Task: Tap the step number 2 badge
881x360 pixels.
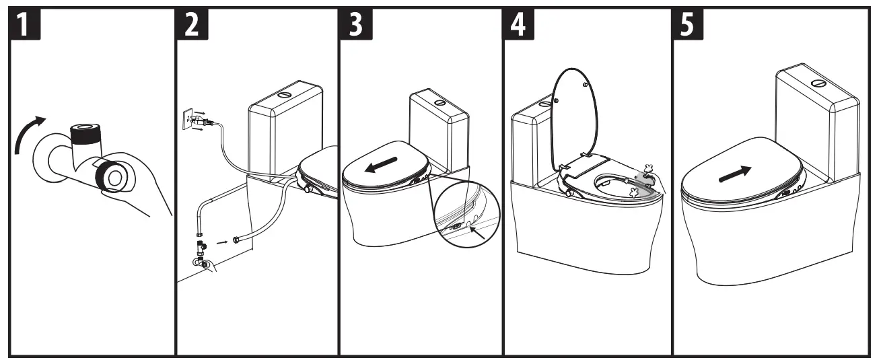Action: pos(192,26)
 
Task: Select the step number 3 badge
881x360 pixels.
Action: pos(355,26)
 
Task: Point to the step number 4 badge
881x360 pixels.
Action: pos(520,26)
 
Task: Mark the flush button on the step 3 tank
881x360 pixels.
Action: pos(439,103)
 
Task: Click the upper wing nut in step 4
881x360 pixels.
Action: pos(649,170)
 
